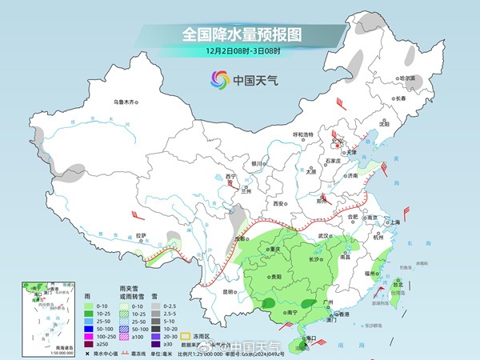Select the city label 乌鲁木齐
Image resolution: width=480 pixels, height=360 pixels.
point(125,102)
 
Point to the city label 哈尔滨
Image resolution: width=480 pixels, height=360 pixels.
point(408,78)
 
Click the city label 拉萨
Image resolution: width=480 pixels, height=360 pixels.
point(141,235)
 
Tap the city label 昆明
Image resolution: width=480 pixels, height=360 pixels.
point(209,291)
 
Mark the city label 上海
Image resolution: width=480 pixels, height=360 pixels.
point(394,222)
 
